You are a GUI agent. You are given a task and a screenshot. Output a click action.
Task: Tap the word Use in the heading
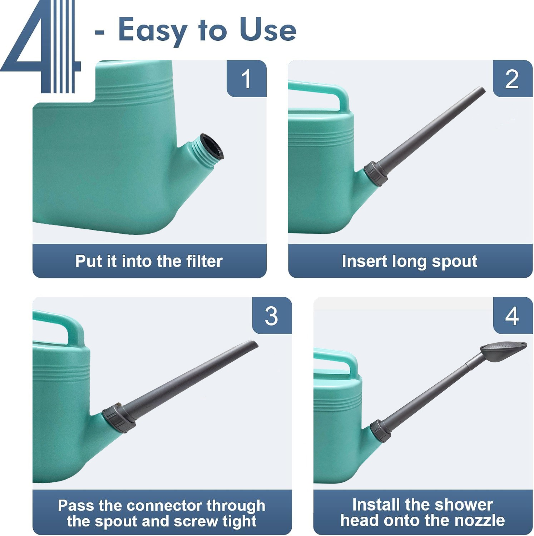268,30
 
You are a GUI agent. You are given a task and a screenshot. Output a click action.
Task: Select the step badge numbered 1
247,78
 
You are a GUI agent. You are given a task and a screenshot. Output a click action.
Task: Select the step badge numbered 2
513,78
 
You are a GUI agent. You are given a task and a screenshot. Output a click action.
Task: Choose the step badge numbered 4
513,316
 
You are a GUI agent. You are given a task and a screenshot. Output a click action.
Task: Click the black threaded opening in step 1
212,146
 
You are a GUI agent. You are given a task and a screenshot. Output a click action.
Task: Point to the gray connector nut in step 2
376,173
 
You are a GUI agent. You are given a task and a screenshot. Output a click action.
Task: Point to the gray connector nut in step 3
119,418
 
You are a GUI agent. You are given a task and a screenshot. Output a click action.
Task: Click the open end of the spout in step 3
254,344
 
